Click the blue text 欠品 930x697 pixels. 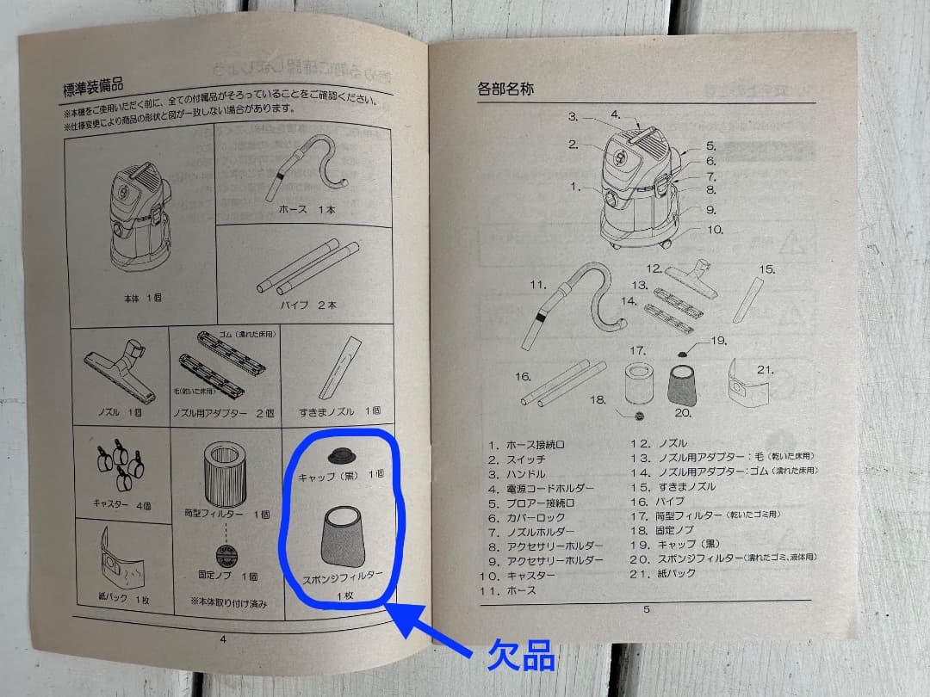520,657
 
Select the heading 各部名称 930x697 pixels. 508,89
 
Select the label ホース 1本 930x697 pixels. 307,210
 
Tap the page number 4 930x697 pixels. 223,638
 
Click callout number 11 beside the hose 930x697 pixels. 538,284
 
